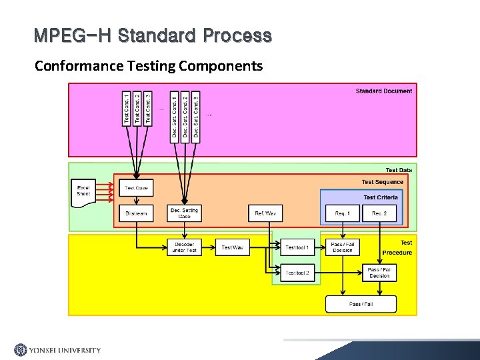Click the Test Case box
[x=136, y=188]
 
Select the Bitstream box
[x=136, y=213]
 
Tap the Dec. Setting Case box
[x=185, y=213]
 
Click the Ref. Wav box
[x=265, y=213]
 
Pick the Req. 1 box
[x=342, y=213]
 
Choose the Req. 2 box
[x=379, y=213]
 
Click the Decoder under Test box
[x=184, y=247]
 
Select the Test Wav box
[x=232, y=247]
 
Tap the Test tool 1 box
[x=297, y=247]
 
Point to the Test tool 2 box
[x=297, y=273]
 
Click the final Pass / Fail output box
[x=361, y=304]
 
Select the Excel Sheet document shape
[x=83, y=191]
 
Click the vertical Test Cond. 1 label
[x=127, y=109]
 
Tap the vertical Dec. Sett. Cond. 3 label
[x=196, y=116]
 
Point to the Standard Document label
[x=383, y=91]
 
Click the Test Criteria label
[x=381, y=197]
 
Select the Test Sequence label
[x=383, y=182]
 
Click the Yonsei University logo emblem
[x=21, y=350]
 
